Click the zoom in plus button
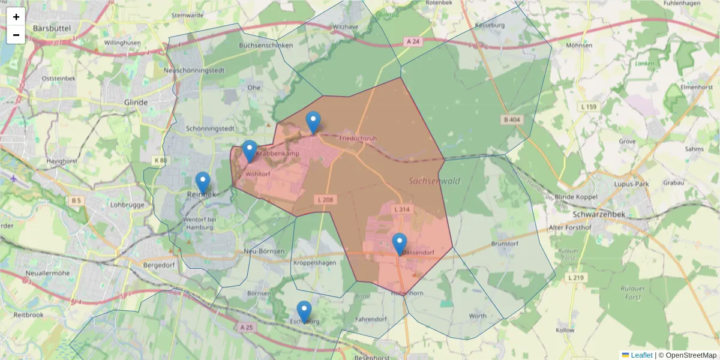click(16, 17)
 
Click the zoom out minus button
click(16, 35)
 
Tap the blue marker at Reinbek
click(203, 182)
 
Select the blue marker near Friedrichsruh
click(313, 122)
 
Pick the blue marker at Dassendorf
click(400, 244)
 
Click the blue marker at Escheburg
click(304, 311)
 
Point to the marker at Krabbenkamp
click(250, 151)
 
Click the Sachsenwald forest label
click(434, 181)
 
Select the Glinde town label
click(136, 103)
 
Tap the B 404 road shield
click(512, 120)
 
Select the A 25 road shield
click(247, 328)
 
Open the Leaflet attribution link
click(641, 355)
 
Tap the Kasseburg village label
click(490, 25)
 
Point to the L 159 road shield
click(590, 107)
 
